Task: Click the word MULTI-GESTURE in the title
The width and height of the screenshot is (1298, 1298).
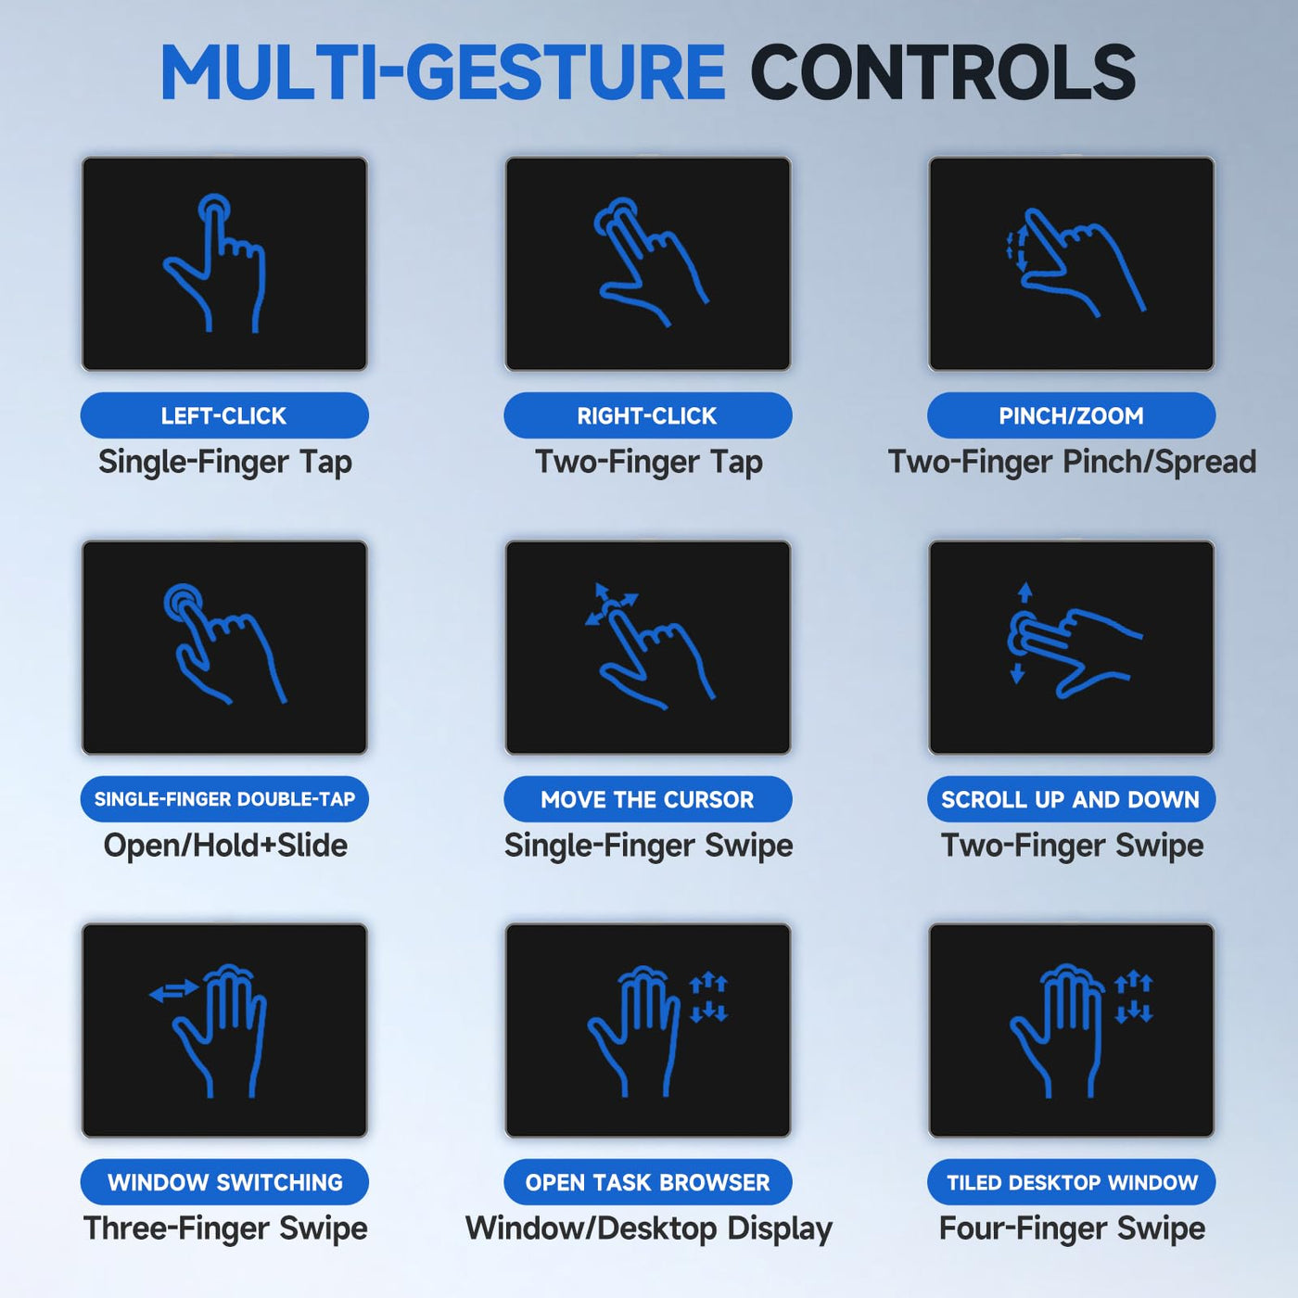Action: point(442,72)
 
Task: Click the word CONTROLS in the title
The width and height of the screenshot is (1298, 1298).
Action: point(943,72)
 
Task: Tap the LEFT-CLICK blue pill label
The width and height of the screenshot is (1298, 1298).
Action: point(224,415)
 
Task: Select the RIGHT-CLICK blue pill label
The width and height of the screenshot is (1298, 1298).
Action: point(647,415)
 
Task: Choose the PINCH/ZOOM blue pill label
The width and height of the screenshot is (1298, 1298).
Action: point(1071,415)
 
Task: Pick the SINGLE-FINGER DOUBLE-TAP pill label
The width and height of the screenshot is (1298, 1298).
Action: point(224,799)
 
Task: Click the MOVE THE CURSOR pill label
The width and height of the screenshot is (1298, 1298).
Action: point(647,799)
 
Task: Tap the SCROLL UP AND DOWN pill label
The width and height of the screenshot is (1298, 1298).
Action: point(1071,799)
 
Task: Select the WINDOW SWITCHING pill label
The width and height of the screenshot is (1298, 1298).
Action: point(224,1182)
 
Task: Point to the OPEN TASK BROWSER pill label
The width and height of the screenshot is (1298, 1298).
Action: point(647,1182)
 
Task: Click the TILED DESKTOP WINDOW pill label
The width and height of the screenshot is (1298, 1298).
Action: point(1071,1182)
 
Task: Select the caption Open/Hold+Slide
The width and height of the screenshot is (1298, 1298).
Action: point(225,846)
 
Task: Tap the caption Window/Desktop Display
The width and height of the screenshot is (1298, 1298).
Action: point(649,1229)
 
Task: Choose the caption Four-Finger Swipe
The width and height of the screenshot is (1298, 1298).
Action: point(1072,1229)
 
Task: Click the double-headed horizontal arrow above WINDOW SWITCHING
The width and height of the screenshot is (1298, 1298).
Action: point(173,990)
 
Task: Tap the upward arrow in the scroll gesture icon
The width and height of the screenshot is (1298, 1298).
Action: point(1025,592)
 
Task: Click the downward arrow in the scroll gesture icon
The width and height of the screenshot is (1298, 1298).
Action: point(1017,673)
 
